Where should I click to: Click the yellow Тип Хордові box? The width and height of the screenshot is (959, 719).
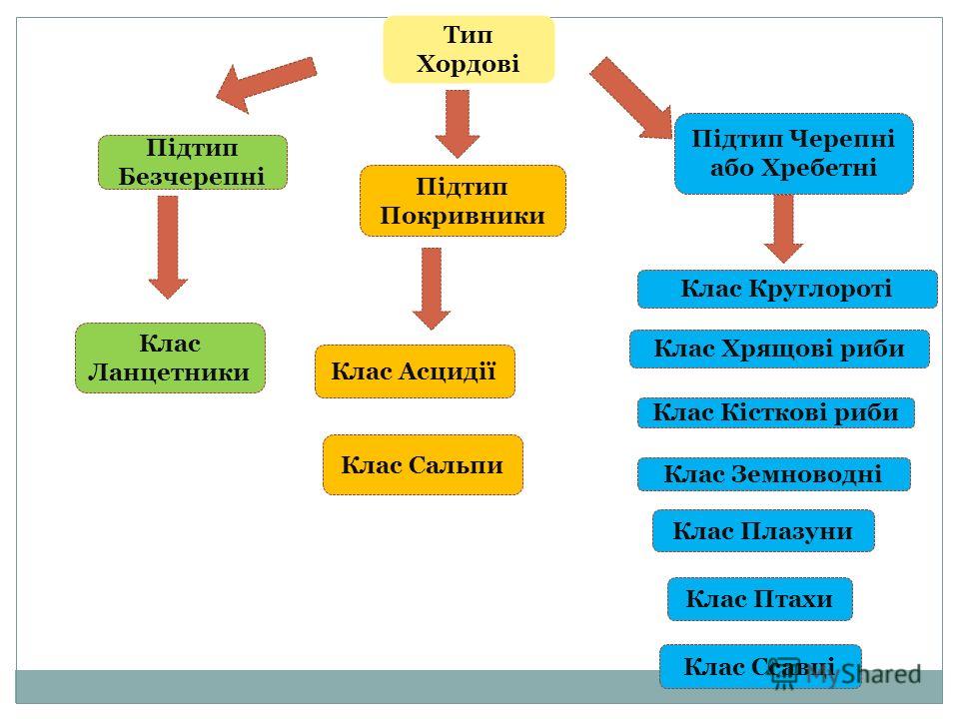pos(469,50)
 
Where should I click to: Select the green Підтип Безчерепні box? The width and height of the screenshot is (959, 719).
pos(193,162)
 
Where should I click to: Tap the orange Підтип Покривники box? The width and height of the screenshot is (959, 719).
pos(463,201)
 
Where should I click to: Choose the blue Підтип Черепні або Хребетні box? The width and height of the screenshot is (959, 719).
pos(794,154)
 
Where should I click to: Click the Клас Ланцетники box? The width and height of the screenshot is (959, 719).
pos(170,358)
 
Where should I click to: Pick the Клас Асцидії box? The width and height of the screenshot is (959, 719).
pos(415,371)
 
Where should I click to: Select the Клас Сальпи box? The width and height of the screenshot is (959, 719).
pos(423,464)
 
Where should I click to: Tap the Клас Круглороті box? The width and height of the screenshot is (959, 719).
pos(787,289)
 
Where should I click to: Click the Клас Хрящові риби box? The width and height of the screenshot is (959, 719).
pos(780,349)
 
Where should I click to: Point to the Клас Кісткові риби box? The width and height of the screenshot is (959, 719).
pos(775,412)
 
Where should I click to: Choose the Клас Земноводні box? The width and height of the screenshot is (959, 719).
pos(773,473)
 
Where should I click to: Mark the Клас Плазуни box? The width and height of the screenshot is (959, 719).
pos(763,530)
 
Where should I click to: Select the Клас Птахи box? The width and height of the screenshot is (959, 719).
pos(759,599)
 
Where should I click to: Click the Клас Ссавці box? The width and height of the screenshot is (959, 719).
pos(760,666)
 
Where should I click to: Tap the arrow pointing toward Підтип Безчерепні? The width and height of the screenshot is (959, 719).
pos(267,84)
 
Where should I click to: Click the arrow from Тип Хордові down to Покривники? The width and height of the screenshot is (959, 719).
pos(458,124)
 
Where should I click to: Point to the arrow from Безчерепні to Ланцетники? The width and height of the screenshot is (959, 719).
pos(168,248)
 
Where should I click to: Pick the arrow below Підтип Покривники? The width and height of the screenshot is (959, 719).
pos(432,289)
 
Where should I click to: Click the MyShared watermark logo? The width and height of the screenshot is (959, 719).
pos(847,673)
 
